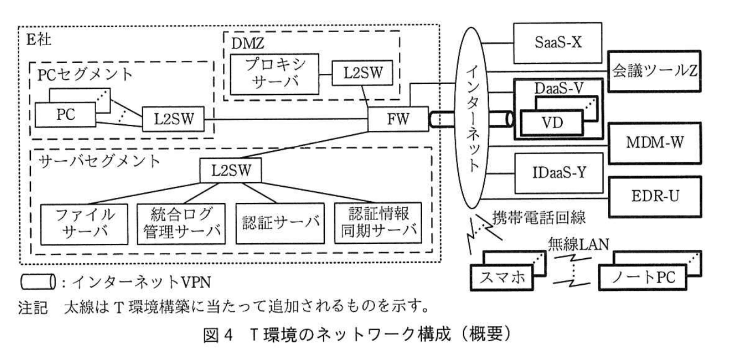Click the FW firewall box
click(398, 119)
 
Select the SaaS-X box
click(557, 43)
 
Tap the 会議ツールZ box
click(654, 71)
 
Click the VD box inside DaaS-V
click(552, 123)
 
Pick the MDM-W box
click(655, 142)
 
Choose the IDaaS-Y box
click(559, 173)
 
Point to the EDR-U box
click(655, 196)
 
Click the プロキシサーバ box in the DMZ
click(274, 74)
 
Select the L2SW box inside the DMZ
click(362, 73)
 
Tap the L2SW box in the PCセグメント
click(173, 118)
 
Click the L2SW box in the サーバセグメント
click(231, 170)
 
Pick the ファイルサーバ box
click(84, 224)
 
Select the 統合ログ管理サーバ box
click(182, 224)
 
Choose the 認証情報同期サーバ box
click(378, 223)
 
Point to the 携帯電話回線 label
click(539, 218)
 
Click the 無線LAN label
click(578, 244)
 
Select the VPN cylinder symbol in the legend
click(38, 281)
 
